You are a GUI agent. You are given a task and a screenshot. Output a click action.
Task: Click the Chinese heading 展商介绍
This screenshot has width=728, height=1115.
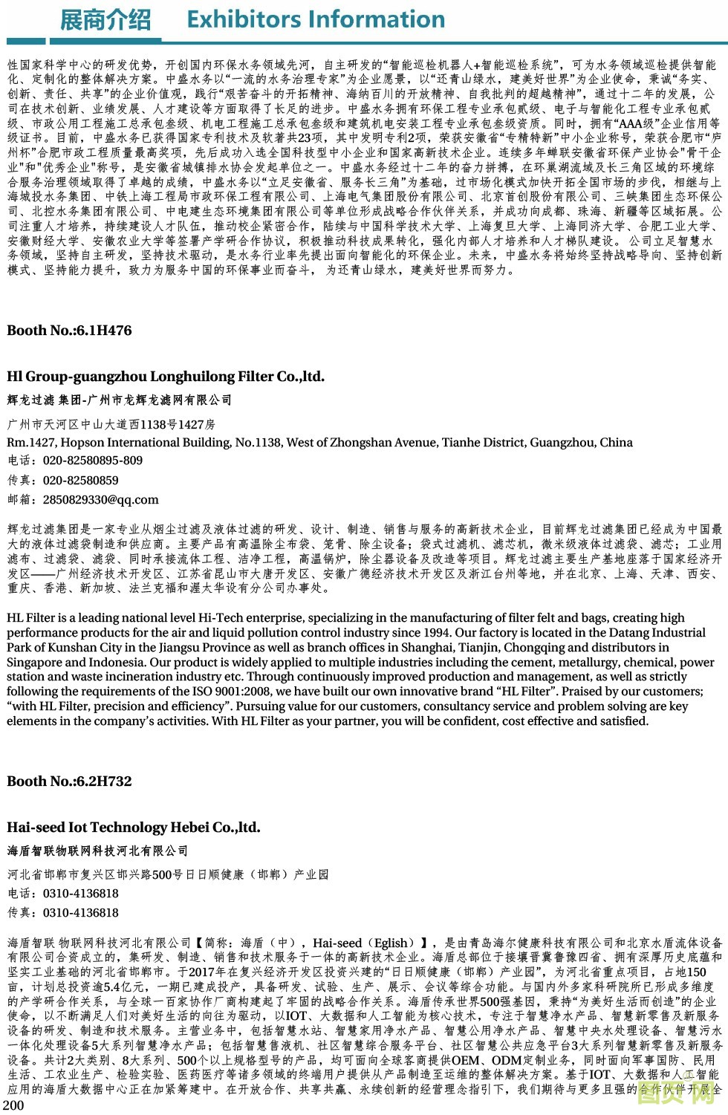pyautogui.click(x=105, y=19)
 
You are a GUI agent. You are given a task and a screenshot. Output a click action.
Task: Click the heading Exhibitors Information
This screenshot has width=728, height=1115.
pyautogui.click(x=316, y=19)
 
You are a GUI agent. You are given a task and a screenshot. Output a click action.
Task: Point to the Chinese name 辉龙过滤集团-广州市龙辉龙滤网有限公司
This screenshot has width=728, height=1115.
pyautogui.click(x=120, y=400)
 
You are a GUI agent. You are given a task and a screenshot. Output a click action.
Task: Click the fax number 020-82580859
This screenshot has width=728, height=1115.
pyautogui.click(x=81, y=481)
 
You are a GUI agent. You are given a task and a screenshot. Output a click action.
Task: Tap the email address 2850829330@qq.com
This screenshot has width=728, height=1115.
pyautogui.click(x=101, y=500)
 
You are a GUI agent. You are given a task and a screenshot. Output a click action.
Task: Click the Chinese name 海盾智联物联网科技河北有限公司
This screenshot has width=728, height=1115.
pyautogui.click(x=97, y=851)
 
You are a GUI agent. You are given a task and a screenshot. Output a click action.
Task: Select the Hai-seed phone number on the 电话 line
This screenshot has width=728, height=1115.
pyautogui.click(x=81, y=894)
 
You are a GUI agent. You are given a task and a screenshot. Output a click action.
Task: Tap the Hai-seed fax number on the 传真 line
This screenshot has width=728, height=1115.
pyautogui.click(x=81, y=913)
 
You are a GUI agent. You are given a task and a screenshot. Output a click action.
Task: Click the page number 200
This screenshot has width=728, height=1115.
pyautogui.click(x=13, y=1105)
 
